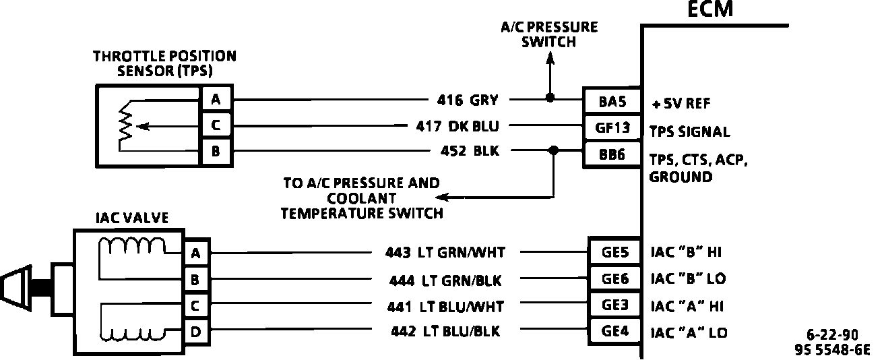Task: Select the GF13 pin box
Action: (x=612, y=127)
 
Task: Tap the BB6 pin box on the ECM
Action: (x=612, y=154)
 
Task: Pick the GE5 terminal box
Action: (x=615, y=253)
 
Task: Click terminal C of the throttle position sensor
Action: (x=216, y=125)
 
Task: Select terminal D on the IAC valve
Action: (x=195, y=332)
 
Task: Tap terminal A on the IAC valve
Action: (x=195, y=253)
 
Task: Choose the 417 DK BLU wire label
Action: (x=456, y=126)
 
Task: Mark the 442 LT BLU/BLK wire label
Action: (x=445, y=331)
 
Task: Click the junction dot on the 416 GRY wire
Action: (x=550, y=98)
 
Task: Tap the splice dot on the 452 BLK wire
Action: (x=554, y=150)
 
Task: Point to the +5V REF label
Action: (x=681, y=104)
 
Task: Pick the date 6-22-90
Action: (x=832, y=335)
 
